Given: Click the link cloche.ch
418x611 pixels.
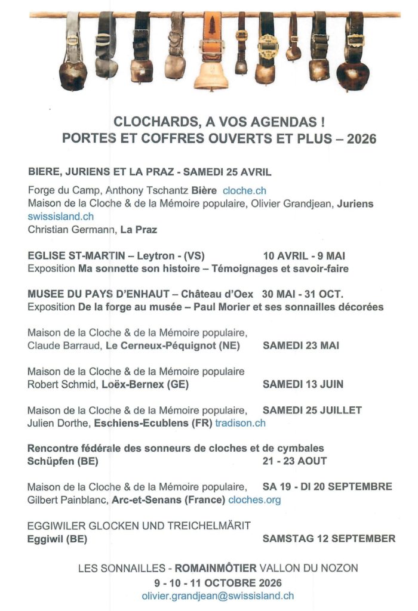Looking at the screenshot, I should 244,191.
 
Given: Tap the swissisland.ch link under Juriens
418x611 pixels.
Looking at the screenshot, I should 60,217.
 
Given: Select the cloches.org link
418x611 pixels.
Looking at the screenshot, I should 254,500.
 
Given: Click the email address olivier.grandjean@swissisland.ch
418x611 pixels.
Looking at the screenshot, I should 217,595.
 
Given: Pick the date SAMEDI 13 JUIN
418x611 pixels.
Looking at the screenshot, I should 303,384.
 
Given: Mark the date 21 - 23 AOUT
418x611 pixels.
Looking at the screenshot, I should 294,461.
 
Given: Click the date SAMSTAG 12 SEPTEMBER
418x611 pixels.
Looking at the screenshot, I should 328,538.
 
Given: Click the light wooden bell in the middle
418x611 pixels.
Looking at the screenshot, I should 211,75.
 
